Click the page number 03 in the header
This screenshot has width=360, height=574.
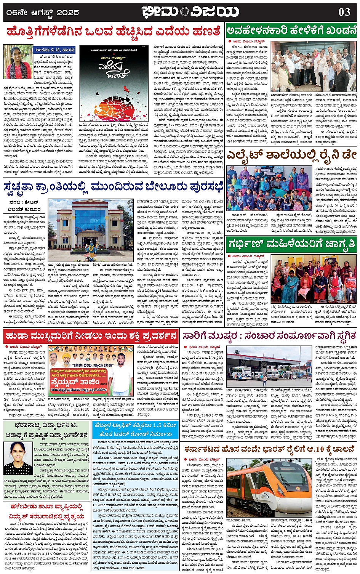[344, 12]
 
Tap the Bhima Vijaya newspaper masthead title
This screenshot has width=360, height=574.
[190, 12]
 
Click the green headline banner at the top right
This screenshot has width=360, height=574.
[291, 30]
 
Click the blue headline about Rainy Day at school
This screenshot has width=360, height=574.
[291, 155]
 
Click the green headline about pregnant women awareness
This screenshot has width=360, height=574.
[291, 244]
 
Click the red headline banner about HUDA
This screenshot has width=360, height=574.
[91, 336]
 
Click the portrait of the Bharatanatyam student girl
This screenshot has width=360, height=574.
[18, 458]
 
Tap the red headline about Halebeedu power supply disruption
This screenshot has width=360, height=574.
[46, 511]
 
